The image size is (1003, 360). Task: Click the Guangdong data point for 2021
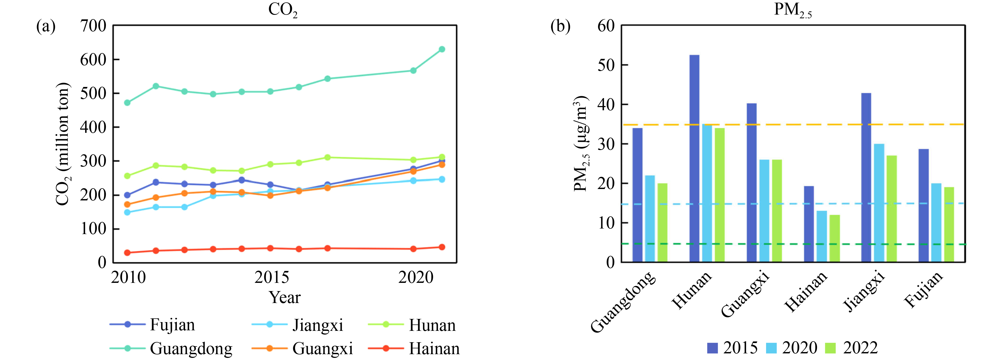pyautogui.click(x=442, y=49)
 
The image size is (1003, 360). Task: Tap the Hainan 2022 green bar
pyautogui.click(x=835, y=238)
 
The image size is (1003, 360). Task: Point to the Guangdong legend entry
pyautogui.click(x=191, y=348)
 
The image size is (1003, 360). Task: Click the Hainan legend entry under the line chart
pyautogui.click(x=434, y=348)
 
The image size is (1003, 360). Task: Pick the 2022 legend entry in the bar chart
pyautogui.click(x=860, y=348)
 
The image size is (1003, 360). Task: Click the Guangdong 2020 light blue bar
pyautogui.click(x=650, y=218)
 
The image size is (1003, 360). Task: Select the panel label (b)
pyautogui.click(x=560, y=27)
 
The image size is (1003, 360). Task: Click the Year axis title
pyautogui.click(x=285, y=298)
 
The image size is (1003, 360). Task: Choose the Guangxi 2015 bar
pyautogui.click(x=751, y=183)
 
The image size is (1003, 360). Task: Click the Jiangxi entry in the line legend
pyautogui.click(x=317, y=325)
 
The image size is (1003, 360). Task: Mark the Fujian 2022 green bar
pyautogui.click(x=949, y=224)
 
